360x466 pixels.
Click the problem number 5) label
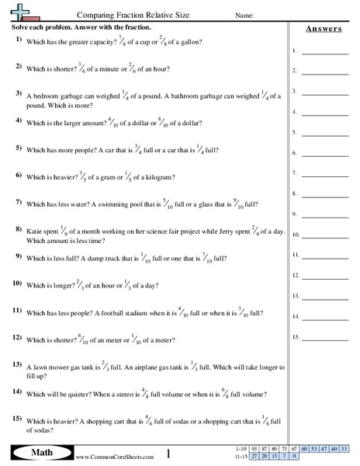(x=18, y=146)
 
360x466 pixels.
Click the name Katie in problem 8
(x=34, y=231)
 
